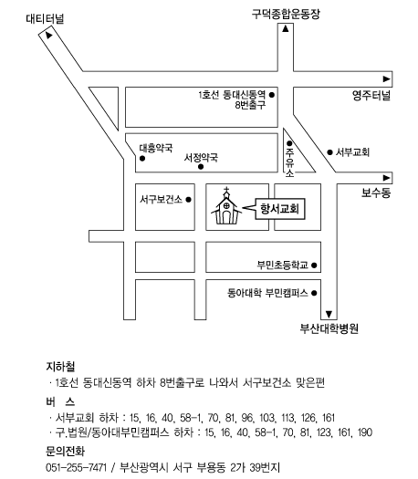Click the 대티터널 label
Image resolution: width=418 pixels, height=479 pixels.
(45, 18)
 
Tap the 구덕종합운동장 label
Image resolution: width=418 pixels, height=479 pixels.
(286, 14)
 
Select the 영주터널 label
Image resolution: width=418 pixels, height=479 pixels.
(371, 95)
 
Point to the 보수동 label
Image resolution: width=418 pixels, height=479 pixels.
(376, 193)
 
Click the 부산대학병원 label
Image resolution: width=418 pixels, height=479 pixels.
(329, 328)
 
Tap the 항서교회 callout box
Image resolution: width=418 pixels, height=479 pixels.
(280, 209)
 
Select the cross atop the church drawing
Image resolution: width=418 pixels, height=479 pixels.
(226, 192)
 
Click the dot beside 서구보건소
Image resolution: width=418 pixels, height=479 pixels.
(189, 200)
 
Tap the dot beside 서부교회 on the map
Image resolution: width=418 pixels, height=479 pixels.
(329, 152)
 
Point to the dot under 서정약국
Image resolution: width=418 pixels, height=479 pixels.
(201, 166)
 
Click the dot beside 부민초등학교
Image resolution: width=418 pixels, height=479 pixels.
(314, 266)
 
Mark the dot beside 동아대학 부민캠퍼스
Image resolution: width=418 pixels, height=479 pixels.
(314, 293)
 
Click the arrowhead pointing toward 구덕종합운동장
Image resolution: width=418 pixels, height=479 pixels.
(286, 29)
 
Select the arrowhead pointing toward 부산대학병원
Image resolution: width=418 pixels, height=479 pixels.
(329, 314)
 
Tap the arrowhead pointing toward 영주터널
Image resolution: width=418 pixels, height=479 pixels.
(387, 78)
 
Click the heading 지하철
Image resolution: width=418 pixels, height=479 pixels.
(60, 367)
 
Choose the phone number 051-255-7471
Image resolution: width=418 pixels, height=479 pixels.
(76, 467)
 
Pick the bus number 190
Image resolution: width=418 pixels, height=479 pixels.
(364, 432)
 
